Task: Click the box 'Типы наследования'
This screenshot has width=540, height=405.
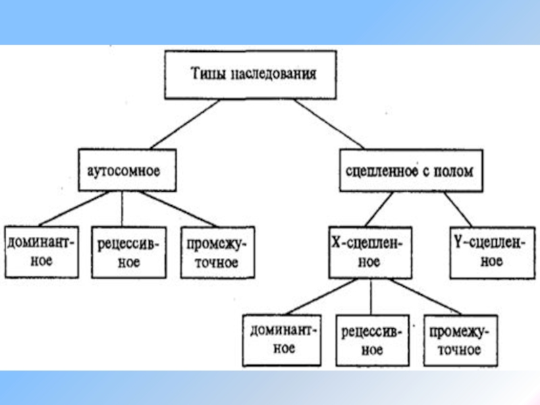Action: pos(251,74)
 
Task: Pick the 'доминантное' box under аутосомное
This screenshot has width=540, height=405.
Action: pos(41,250)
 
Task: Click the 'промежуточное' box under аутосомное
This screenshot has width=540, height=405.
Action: pos(217,251)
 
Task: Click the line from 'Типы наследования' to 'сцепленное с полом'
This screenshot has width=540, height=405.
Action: pos(329,124)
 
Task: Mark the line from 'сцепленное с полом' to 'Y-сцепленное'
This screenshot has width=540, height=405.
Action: pos(459,211)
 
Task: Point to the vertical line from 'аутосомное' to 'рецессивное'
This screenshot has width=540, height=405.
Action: pos(122,209)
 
